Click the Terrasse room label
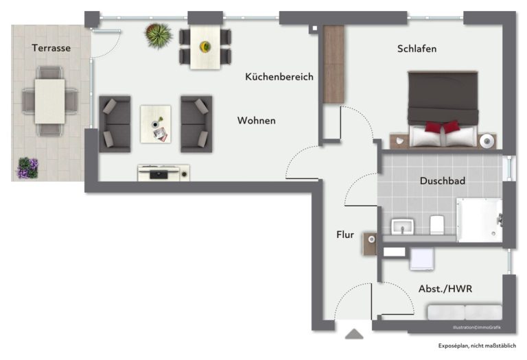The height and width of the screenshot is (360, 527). point(51,48)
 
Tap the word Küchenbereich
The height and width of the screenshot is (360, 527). point(279,77)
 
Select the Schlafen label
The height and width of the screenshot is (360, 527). point(417,49)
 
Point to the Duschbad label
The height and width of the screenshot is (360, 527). point(443,180)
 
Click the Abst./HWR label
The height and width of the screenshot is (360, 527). point(445,289)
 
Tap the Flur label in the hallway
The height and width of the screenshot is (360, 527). point(345,235)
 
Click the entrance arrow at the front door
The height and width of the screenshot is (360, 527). point(354,334)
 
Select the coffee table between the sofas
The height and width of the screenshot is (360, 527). point(156,124)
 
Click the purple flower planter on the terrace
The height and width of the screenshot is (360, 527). point(28,167)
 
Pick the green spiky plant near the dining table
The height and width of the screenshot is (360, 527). point(159,35)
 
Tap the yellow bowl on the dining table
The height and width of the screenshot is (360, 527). point(205,47)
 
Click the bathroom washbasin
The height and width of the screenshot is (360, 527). point(402,227)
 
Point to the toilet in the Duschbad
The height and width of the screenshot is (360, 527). point(437,225)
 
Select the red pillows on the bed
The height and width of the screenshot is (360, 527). point(443,127)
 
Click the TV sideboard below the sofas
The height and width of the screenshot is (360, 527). point(164,173)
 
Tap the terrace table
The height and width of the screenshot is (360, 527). point(49,101)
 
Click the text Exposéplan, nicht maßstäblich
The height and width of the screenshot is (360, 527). point(477,346)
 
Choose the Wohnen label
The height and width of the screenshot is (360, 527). point(257,121)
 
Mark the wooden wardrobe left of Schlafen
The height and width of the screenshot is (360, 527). point(333,64)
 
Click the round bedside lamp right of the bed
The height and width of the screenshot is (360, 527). point(487,141)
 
